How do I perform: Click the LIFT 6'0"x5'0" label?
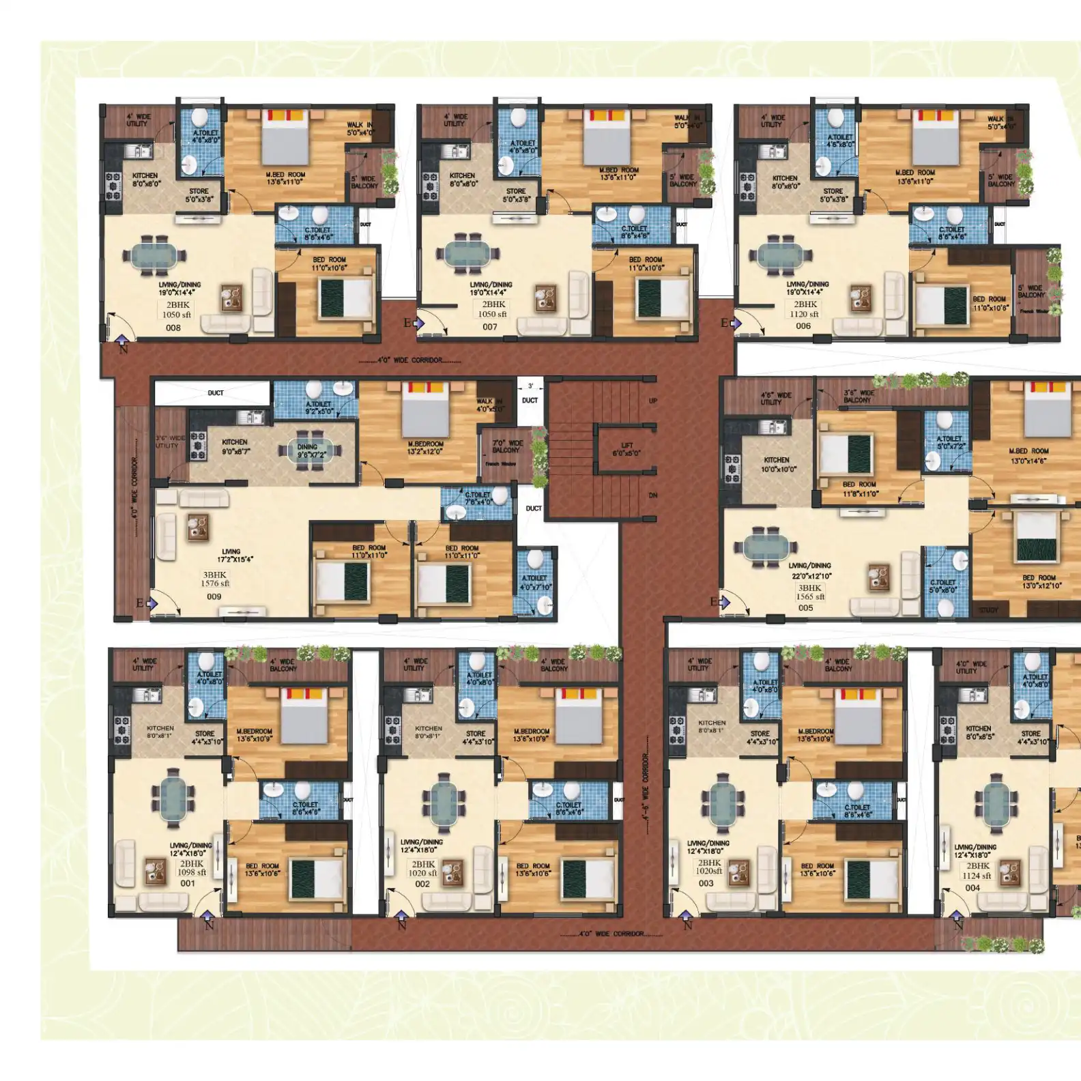626,449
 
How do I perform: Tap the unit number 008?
173,328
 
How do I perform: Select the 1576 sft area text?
215,583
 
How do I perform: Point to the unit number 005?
805,607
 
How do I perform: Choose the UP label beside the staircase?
653,401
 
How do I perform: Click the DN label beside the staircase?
653,495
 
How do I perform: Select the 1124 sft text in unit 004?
977,876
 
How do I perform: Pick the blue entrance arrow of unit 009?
152,603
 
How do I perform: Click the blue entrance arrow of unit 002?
401,916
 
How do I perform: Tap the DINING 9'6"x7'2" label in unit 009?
311,450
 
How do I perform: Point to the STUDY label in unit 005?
988,609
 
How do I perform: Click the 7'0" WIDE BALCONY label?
506,446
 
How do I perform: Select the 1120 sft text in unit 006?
804,315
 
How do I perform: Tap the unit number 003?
706,883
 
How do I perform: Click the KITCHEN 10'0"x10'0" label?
777,464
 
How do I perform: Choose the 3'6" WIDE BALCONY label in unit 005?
858,397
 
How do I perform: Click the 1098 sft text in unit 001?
192,872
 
